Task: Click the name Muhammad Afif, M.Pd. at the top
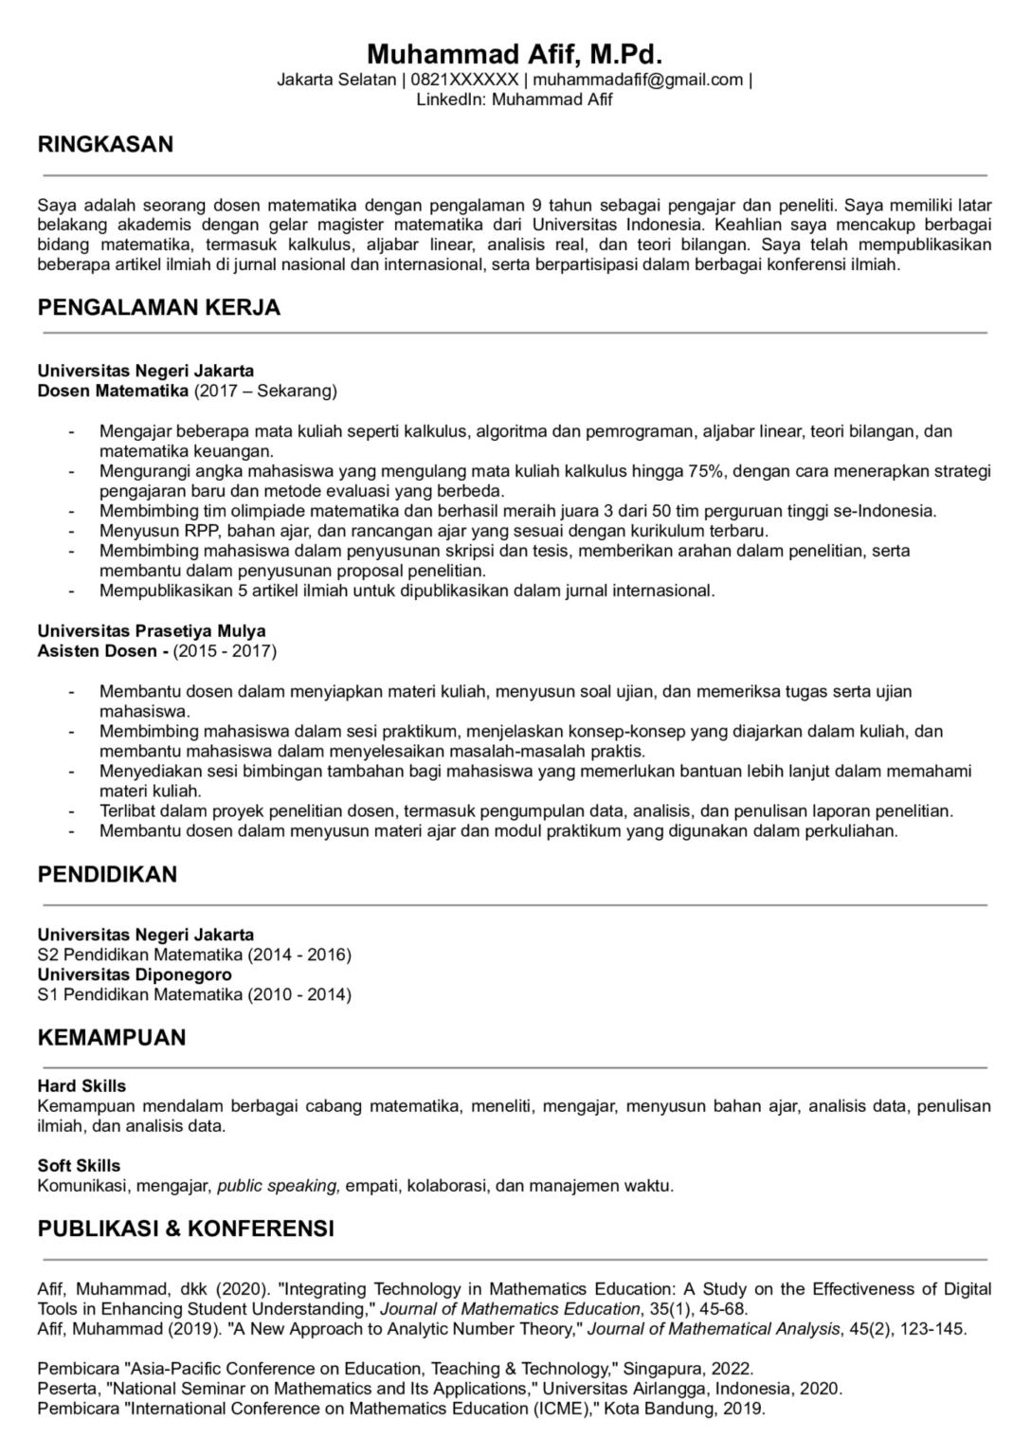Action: pos(515,53)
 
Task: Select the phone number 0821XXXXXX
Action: pos(464,80)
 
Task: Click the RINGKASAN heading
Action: pos(105,144)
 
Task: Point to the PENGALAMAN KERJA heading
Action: pos(159,307)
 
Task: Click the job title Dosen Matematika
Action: pos(114,391)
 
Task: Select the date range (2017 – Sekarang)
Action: pos(265,391)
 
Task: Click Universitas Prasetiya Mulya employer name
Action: pos(152,631)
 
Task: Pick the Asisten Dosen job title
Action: pos(98,651)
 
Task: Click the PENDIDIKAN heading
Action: pos(107,874)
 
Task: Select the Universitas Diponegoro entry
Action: pos(135,974)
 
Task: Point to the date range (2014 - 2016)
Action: pos(299,955)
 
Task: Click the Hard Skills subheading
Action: pos(81,1086)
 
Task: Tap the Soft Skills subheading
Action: pos(80,1166)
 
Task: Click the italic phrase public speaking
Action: pos(278,1186)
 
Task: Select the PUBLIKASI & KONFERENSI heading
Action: pos(186,1228)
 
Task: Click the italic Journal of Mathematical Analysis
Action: pos(714,1329)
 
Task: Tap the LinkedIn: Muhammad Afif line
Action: pos(515,100)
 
